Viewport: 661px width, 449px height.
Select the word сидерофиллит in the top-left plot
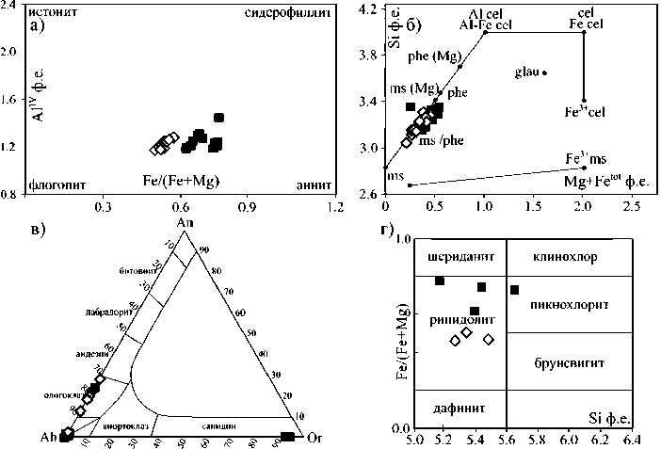click(x=287, y=13)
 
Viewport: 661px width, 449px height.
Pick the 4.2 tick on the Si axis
click(x=371, y=8)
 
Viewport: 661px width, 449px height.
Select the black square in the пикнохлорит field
click(x=514, y=289)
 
